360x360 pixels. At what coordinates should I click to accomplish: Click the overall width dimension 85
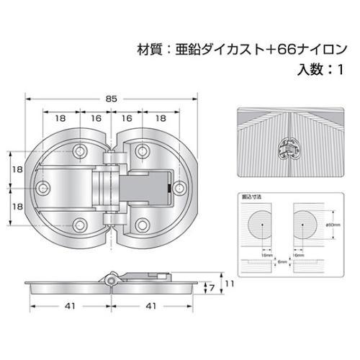click(x=110, y=99)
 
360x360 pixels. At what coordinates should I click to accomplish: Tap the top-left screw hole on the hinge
click(x=80, y=151)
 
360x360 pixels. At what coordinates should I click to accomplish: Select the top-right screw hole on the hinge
click(x=143, y=151)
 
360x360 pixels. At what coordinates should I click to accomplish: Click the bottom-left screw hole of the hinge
click(x=80, y=222)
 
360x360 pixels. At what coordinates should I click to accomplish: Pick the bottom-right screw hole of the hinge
click(x=143, y=222)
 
